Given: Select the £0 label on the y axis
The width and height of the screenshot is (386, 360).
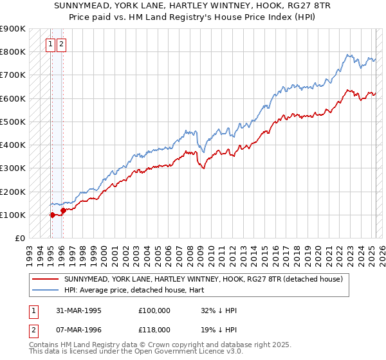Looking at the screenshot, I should [x=19, y=238].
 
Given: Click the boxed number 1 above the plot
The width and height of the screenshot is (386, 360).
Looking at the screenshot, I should [x=50, y=44].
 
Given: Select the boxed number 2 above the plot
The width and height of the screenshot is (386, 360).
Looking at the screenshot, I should [x=60, y=44].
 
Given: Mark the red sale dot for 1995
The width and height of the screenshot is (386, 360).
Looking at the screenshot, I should [x=52, y=215].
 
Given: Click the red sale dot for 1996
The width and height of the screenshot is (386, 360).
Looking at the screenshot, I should [x=62, y=210].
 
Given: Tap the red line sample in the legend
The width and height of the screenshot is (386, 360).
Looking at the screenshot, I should [x=45, y=279].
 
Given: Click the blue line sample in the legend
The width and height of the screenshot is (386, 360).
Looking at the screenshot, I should [x=45, y=290].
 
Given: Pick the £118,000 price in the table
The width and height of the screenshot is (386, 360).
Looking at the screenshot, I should [x=154, y=329].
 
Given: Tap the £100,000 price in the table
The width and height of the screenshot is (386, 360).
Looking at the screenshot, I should [x=154, y=310].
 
